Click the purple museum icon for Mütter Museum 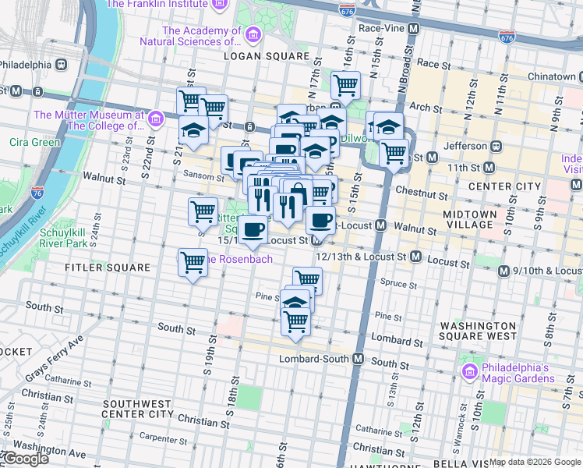click(x=155, y=119)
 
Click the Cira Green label click(x=34, y=142)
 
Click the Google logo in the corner click(x=25, y=459)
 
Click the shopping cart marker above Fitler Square click(x=193, y=262)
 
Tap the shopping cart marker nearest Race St click(x=344, y=84)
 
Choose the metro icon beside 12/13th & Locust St click(x=415, y=256)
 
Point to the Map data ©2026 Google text click(x=535, y=462)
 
